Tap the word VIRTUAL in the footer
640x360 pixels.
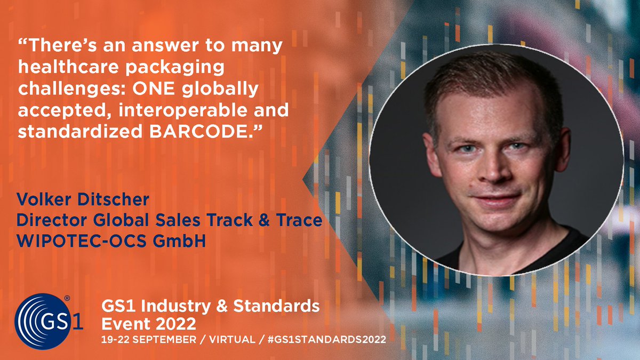[x=227, y=339]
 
